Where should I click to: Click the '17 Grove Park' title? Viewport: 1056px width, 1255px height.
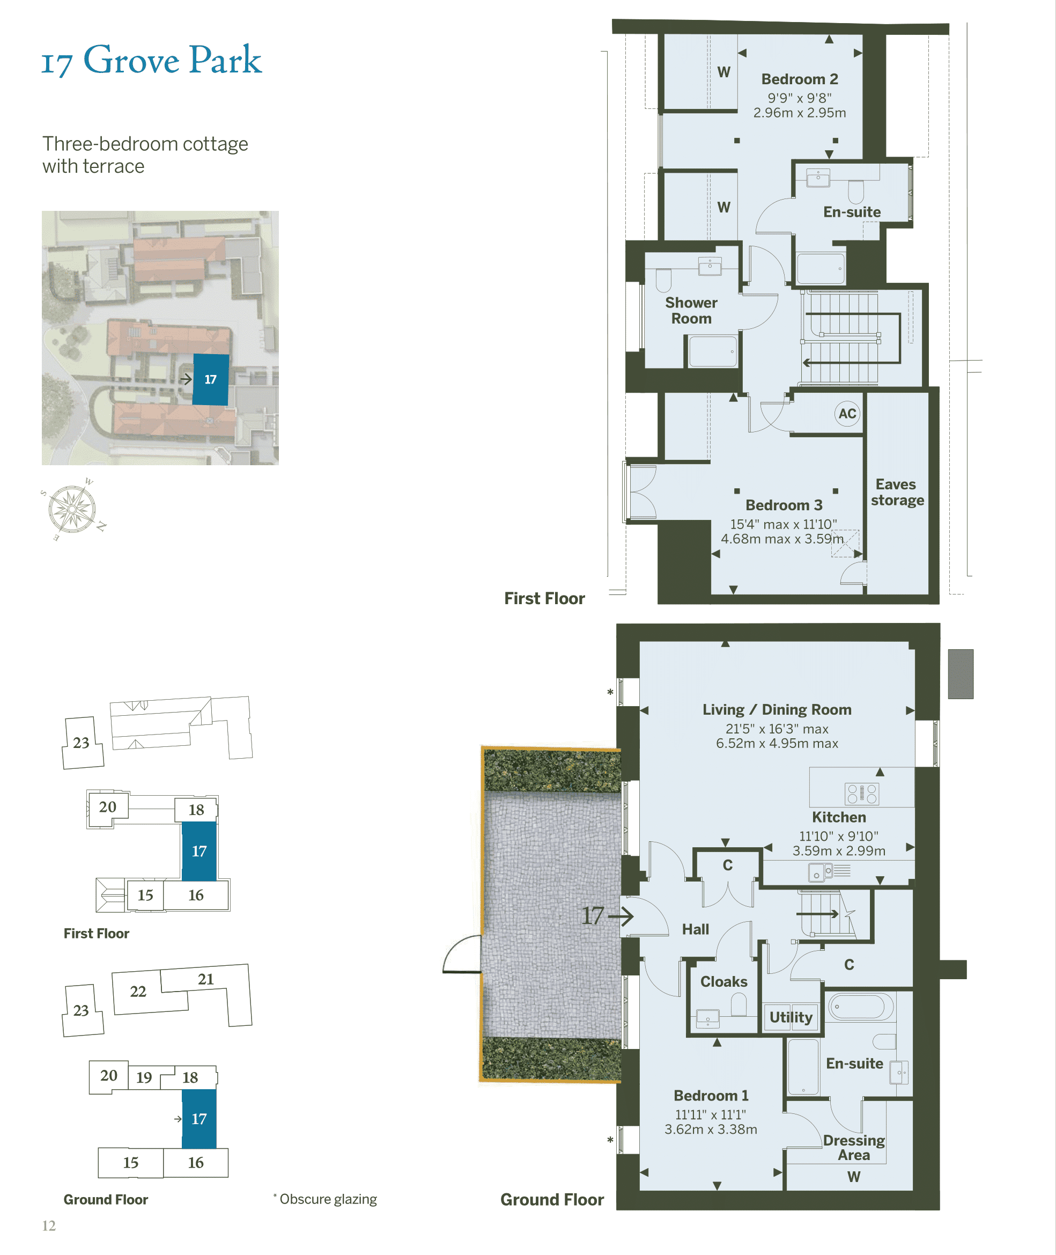[x=151, y=60]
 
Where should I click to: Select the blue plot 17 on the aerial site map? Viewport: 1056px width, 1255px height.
[x=210, y=380]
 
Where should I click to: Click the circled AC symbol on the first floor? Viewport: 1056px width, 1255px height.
[x=846, y=414]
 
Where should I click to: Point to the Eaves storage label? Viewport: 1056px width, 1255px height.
[x=897, y=492]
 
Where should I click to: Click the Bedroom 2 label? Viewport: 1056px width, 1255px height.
[x=799, y=79]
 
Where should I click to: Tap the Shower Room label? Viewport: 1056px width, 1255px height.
[x=691, y=311]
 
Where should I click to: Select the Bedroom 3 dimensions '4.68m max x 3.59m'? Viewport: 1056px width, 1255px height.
[x=782, y=539]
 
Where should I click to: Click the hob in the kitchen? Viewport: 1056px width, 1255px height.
[x=861, y=794]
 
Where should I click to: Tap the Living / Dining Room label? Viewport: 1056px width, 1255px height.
[x=777, y=709]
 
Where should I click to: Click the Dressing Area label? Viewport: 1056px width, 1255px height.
[x=853, y=1147]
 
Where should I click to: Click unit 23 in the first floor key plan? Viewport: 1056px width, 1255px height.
[x=82, y=743]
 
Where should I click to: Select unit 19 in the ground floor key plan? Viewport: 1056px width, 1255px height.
[x=144, y=1078]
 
